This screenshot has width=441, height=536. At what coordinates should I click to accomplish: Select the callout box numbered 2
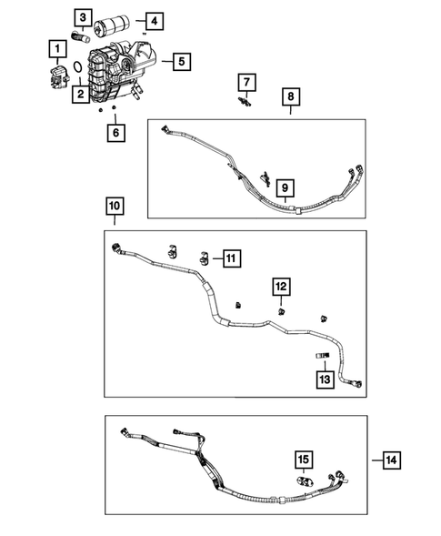(81, 93)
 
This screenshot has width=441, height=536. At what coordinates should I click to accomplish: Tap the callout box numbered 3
(83, 17)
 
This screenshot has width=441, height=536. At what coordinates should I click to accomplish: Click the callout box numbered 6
(115, 133)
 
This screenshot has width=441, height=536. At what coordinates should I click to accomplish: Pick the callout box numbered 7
(246, 84)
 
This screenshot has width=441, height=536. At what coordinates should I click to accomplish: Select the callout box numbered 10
(114, 208)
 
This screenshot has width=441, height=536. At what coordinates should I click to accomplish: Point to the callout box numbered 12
(281, 288)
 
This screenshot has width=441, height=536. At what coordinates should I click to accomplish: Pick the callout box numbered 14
(390, 461)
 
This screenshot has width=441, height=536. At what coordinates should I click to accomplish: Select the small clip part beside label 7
(245, 103)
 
